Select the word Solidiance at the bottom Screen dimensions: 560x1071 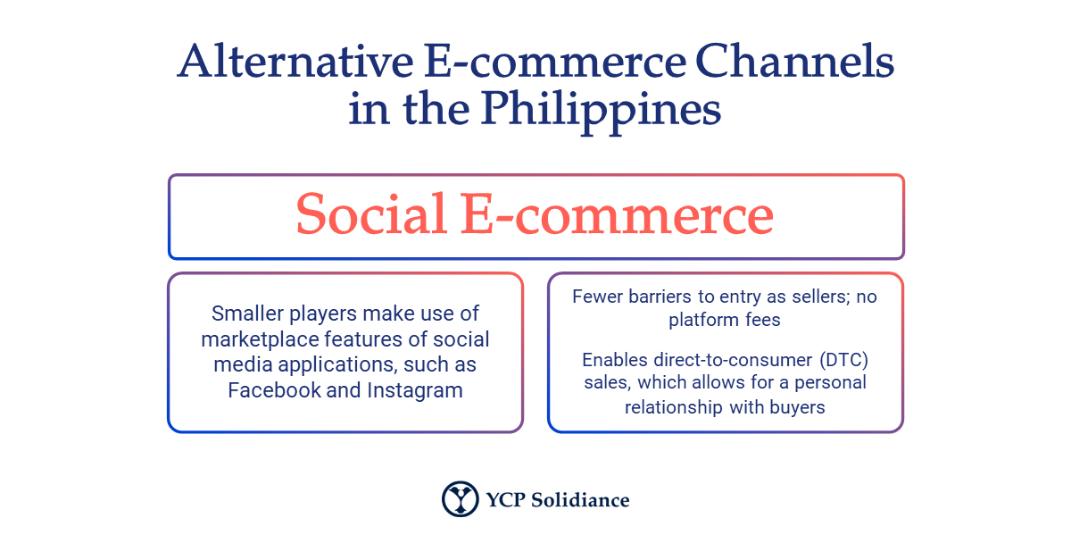(x=581, y=500)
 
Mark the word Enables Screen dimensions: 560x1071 (x=611, y=360)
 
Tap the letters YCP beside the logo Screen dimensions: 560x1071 (x=505, y=500)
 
